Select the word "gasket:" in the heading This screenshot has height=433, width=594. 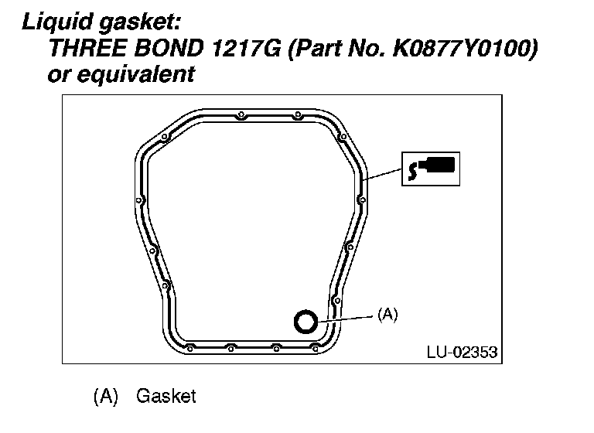click(140, 22)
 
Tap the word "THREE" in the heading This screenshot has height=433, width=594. click(87, 49)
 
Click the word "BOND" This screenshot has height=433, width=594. click(169, 49)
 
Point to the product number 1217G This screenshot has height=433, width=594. click(246, 49)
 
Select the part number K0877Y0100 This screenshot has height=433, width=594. click(463, 49)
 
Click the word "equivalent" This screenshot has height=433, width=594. click(136, 74)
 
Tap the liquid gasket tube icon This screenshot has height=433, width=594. click(431, 169)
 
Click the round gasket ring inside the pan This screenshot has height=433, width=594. click(306, 322)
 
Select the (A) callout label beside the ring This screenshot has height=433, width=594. click(387, 315)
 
